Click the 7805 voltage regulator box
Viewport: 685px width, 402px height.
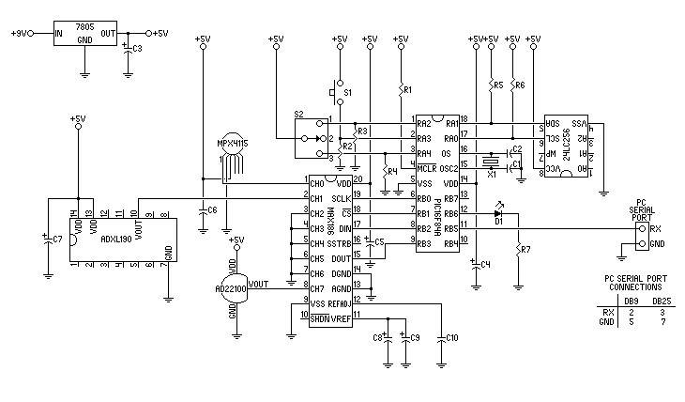click(x=84, y=33)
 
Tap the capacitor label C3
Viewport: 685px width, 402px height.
click(x=138, y=49)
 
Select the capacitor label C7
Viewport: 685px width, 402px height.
click(x=57, y=239)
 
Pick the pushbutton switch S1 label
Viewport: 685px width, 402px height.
click(x=348, y=93)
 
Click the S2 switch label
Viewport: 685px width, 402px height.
click(x=299, y=113)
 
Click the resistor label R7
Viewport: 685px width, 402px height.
click(x=525, y=250)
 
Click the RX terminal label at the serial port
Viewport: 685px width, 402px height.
click(x=654, y=227)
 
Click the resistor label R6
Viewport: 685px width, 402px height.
click(x=520, y=85)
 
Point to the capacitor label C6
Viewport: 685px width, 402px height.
click(x=212, y=209)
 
